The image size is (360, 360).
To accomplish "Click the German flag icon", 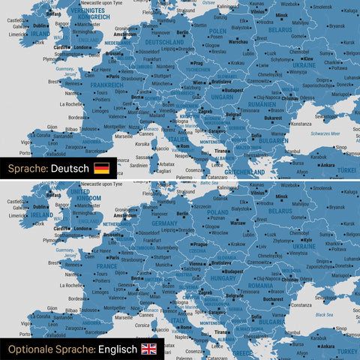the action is (x=101, y=168).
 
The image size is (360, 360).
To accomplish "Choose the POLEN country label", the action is (x=218, y=31).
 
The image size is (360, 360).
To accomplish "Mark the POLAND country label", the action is (x=218, y=212).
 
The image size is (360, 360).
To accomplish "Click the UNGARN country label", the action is (x=223, y=97).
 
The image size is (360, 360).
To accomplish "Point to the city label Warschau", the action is (x=238, y=42).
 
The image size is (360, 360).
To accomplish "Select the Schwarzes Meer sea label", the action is (x=325, y=133).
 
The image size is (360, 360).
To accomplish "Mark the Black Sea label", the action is (x=325, y=315).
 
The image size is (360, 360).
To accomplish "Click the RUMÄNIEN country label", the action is (x=264, y=104).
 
